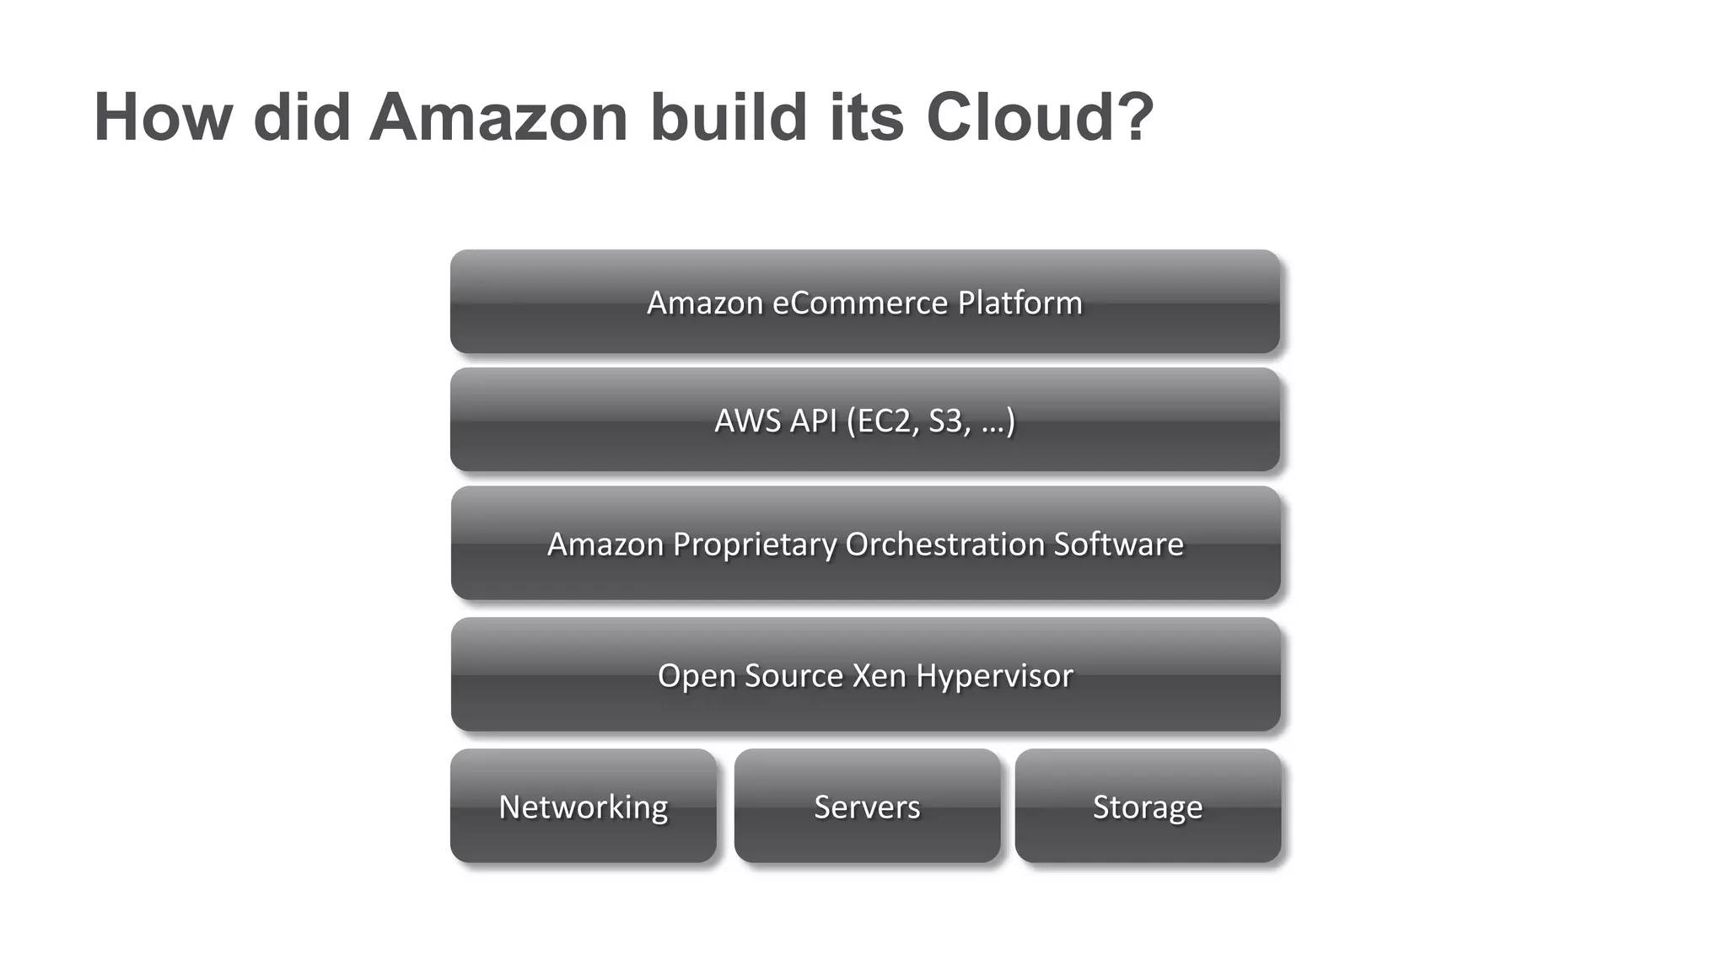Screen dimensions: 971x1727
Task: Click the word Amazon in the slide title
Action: [498, 117]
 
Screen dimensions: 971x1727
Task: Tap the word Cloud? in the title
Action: [1039, 117]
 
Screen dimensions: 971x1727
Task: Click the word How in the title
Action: [163, 117]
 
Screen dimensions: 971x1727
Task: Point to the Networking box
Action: [583, 806]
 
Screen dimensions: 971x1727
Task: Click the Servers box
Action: [867, 806]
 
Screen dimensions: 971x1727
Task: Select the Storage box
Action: [1148, 806]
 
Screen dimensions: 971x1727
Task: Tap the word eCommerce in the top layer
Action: [860, 303]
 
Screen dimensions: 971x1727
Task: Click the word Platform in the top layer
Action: [1020, 303]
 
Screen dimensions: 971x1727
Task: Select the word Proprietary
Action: [754, 545]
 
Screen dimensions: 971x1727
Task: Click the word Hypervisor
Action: [995, 676]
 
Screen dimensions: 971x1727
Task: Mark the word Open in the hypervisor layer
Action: [691, 676]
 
